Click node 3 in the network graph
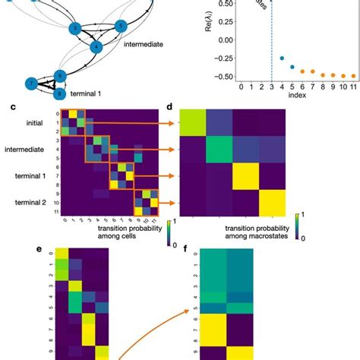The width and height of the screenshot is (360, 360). click(75, 29)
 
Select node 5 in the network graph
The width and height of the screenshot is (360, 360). click(120, 27)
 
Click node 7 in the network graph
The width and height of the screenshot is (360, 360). click(31, 83)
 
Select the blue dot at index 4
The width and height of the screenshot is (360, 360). click(282, 58)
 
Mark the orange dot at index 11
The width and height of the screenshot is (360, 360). click(352, 76)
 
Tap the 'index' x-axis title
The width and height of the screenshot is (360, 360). click(297, 97)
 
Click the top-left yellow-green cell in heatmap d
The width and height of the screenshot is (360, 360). click(192, 125)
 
